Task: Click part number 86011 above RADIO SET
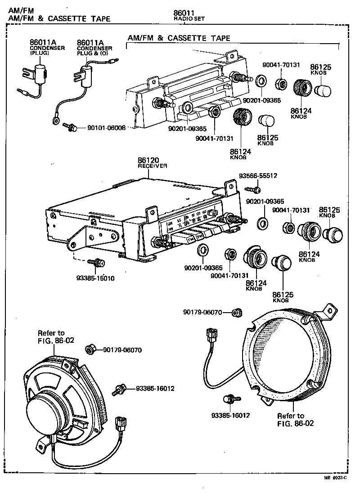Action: point(184,13)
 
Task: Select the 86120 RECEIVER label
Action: point(152,162)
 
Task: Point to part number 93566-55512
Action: point(258,176)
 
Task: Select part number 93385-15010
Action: point(95,278)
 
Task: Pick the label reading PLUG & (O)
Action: point(94,53)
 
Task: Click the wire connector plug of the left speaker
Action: point(121,423)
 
